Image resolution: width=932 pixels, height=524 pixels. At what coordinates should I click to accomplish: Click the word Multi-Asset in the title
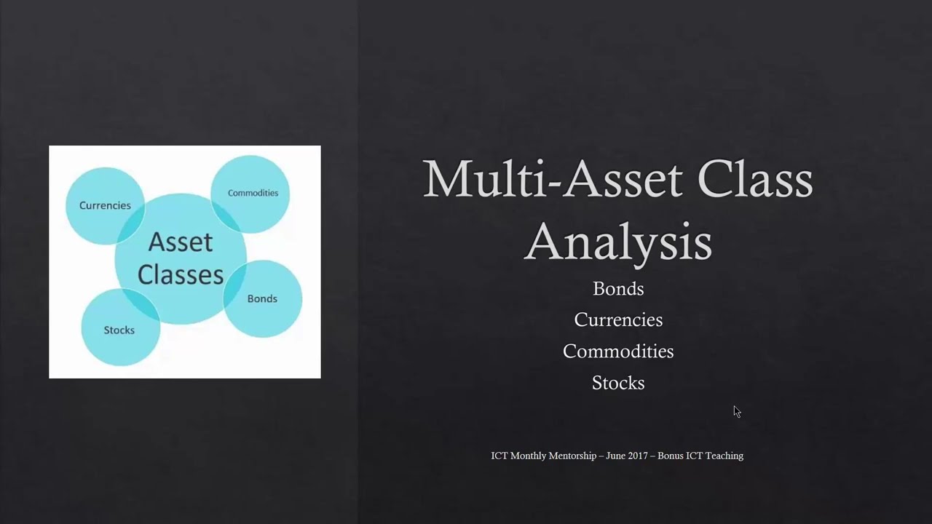pyautogui.click(x=553, y=179)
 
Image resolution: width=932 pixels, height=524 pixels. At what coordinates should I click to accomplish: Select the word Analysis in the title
pyautogui.click(x=618, y=243)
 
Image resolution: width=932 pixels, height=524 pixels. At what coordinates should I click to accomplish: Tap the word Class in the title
pyautogui.click(x=755, y=179)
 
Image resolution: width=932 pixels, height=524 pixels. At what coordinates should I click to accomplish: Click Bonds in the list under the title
pyautogui.click(x=618, y=289)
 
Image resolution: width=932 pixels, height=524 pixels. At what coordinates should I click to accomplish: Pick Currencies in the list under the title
pyautogui.click(x=618, y=319)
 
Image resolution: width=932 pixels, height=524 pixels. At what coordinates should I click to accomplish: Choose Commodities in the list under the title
pyautogui.click(x=618, y=352)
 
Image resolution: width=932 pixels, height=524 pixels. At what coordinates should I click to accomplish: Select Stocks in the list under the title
pyautogui.click(x=618, y=383)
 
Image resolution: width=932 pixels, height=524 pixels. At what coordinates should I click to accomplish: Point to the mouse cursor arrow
pyautogui.click(x=737, y=412)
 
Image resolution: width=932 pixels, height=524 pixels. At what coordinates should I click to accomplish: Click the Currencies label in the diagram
pyautogui.click(x=105, y=205)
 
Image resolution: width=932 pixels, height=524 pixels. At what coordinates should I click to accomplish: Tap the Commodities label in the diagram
pyautogui.click(x=253, y=193)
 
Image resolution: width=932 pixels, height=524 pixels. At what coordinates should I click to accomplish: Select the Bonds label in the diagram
pyautogui.click(x=262, y=298)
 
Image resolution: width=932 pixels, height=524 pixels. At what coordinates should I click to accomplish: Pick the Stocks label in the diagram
pyautogui.click(x=119, y=330)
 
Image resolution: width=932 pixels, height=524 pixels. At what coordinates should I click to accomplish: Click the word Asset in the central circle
pyautogui.click(x=181, y=242)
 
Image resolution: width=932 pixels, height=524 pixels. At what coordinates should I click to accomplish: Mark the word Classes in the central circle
pyautogui.click(x=181, y=275)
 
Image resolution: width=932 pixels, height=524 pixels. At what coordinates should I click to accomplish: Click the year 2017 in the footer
pyautogui.click(x=638, y=456)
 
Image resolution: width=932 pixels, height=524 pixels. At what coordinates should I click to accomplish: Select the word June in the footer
pyautogui.click(x=615, y=456)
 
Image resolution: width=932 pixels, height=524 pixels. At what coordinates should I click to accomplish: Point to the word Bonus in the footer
pyautogui.click(x=671, y=456)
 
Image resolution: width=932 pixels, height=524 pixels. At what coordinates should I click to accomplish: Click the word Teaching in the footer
pyautogui.click(x=724, y=456)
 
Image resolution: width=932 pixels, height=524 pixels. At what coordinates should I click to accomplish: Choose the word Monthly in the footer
pyautogui.click(x=529, y=456)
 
